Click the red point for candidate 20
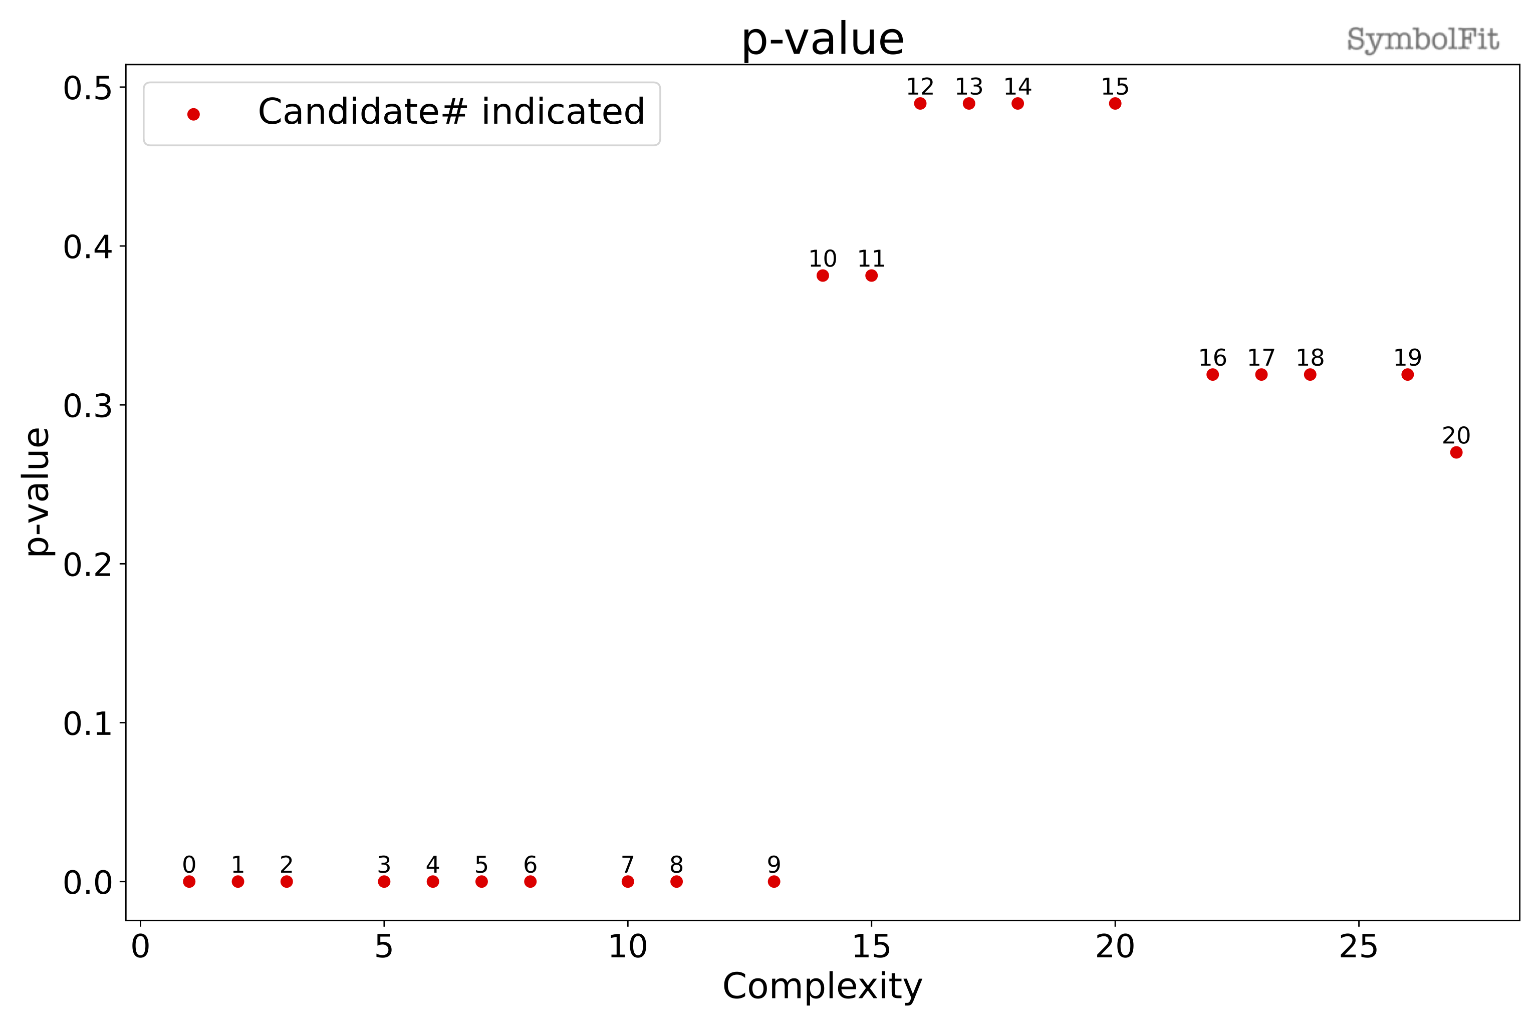[x=1456, y=452]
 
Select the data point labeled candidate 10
[x=823, y=276]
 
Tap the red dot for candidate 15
[x=1115, y=103]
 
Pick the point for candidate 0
[x=189, y=881]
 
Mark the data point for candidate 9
[x=774, y=881]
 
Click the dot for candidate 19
[x=1407, y=374]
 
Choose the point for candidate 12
[x=920, y=103]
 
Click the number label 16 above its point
[x=1212, y=358]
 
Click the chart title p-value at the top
[x=823, y=39]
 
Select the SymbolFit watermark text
[x=1423, y=39]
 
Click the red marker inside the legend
[x=193, y=115]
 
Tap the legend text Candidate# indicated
[x=451, y=111]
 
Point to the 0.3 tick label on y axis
[x=88, y=406]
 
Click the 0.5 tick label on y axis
[x=88, y=88]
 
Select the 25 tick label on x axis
[x=1359, y=947]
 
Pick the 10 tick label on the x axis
[x=628, y=947]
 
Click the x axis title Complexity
[x=823, y=986]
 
